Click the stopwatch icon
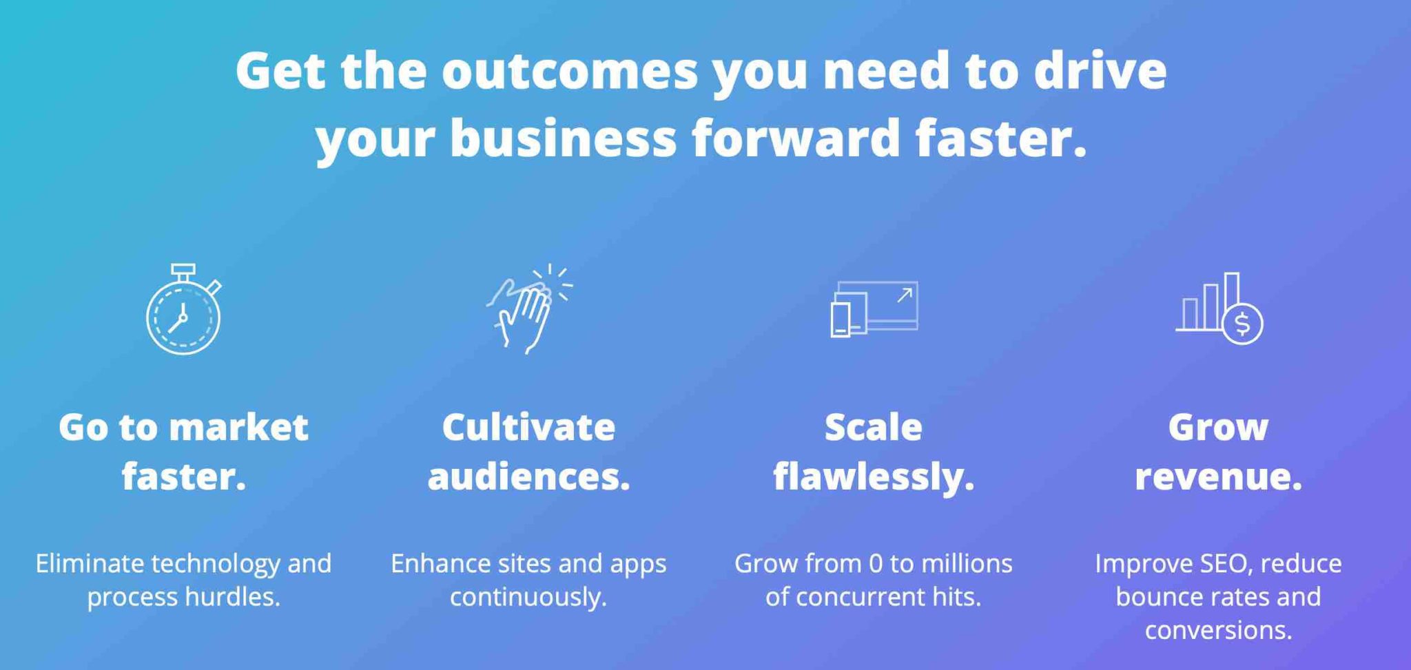point(183,309)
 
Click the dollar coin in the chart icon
point(1242,323)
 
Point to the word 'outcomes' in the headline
point(570,71)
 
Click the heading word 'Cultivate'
point(528,427)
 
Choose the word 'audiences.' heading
point(528,477)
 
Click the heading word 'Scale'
point(873,427)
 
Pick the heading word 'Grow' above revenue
point(1218,428)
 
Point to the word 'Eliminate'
point(90,563)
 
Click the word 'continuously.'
point(528,597)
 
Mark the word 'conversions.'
point(1218,630)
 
